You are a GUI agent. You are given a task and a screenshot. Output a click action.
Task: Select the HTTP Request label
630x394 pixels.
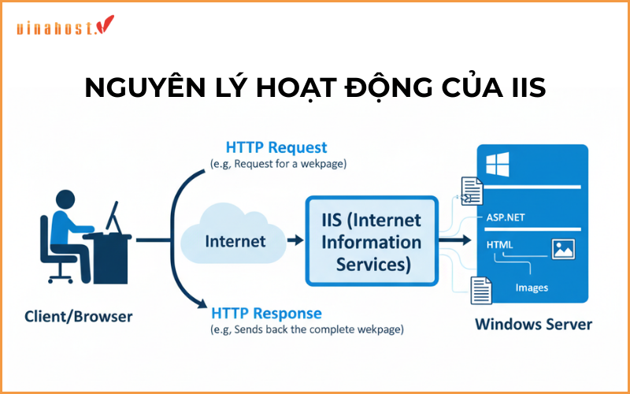[276, 147]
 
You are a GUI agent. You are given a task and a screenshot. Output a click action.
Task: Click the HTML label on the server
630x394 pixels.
[500, 245]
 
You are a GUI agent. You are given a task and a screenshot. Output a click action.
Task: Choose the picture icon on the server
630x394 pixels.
[564, 250]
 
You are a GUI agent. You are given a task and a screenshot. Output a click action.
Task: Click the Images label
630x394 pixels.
[532, 288]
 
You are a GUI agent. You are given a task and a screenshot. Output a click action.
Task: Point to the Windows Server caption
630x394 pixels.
[533, 324]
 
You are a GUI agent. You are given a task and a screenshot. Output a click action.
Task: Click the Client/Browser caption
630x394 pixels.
[79, 317]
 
